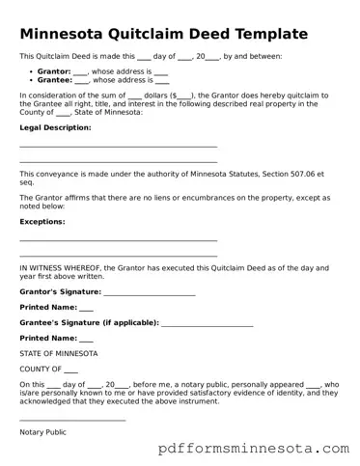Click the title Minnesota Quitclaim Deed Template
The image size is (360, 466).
(x=164, y=34)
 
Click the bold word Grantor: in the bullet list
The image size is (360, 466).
(x=53, y=72)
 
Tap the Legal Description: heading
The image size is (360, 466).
(x=56, y=127)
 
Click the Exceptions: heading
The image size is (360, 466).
(x=42, y=221)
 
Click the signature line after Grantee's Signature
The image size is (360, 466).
(x=207, y=325)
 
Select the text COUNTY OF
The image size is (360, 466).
(x=41, y=369)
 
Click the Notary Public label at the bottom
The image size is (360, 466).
(x=42, y=432)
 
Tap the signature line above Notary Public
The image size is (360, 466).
(x=72, y=420)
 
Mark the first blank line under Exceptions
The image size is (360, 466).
(x=118, y=240)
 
